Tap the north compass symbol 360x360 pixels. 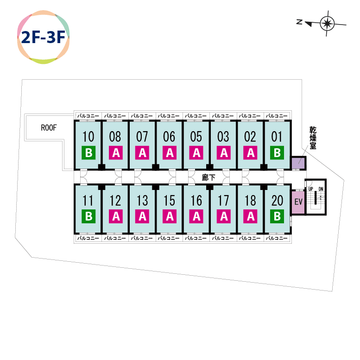[327, 23]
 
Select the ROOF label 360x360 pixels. [49, 128]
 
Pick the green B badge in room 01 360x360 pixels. [277, 152]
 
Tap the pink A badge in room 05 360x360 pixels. [196, 152]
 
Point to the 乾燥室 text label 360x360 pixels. [314, 139]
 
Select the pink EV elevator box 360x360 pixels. [298, 202]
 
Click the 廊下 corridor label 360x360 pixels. [209, 177]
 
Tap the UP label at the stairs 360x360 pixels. [311, 189]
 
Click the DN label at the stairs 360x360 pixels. [321, 189]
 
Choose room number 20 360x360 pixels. [277, 201]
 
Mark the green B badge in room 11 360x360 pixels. [88, 216]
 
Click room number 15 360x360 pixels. [169, 201]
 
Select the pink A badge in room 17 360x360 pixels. [223, 216]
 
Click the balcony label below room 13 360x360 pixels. [142, 238]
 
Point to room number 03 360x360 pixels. [223, 137]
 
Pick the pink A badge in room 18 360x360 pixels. [250, 216]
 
